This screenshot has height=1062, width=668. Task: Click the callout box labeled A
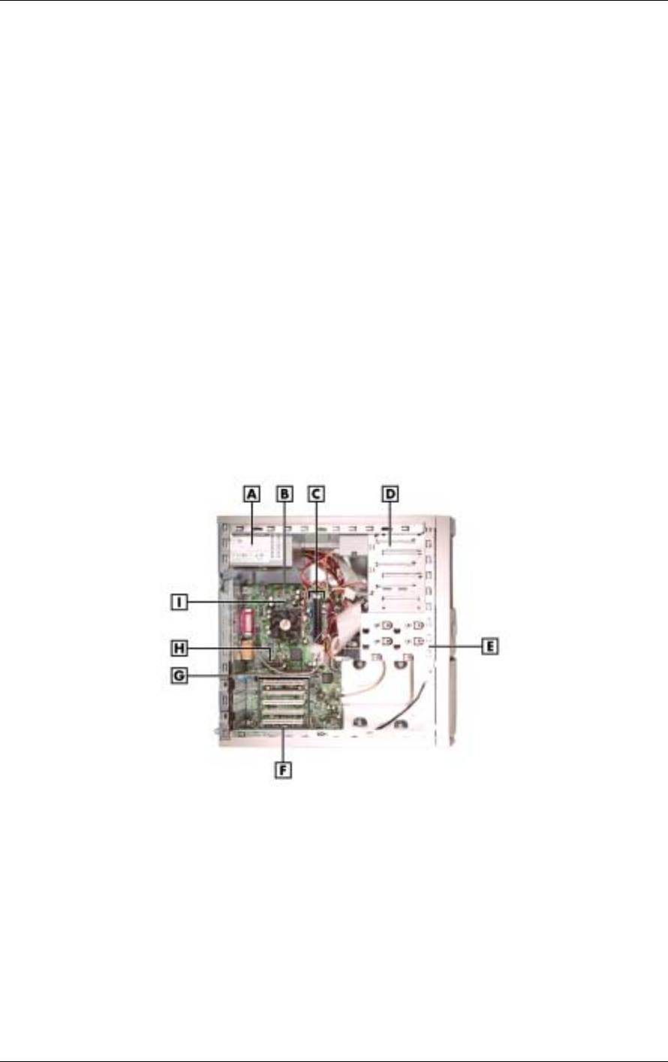[251, 494]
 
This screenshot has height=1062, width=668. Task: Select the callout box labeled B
[284, 494]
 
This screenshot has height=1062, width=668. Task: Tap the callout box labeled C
[316, 494]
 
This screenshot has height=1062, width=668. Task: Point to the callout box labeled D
[390, 494]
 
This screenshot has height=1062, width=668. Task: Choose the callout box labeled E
[489, 646]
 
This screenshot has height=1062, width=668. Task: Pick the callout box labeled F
[283, 770]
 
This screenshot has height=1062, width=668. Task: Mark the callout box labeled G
[179, 675]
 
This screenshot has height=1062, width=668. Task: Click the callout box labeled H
[179, 648]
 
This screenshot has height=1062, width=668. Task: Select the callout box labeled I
[179, 603]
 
